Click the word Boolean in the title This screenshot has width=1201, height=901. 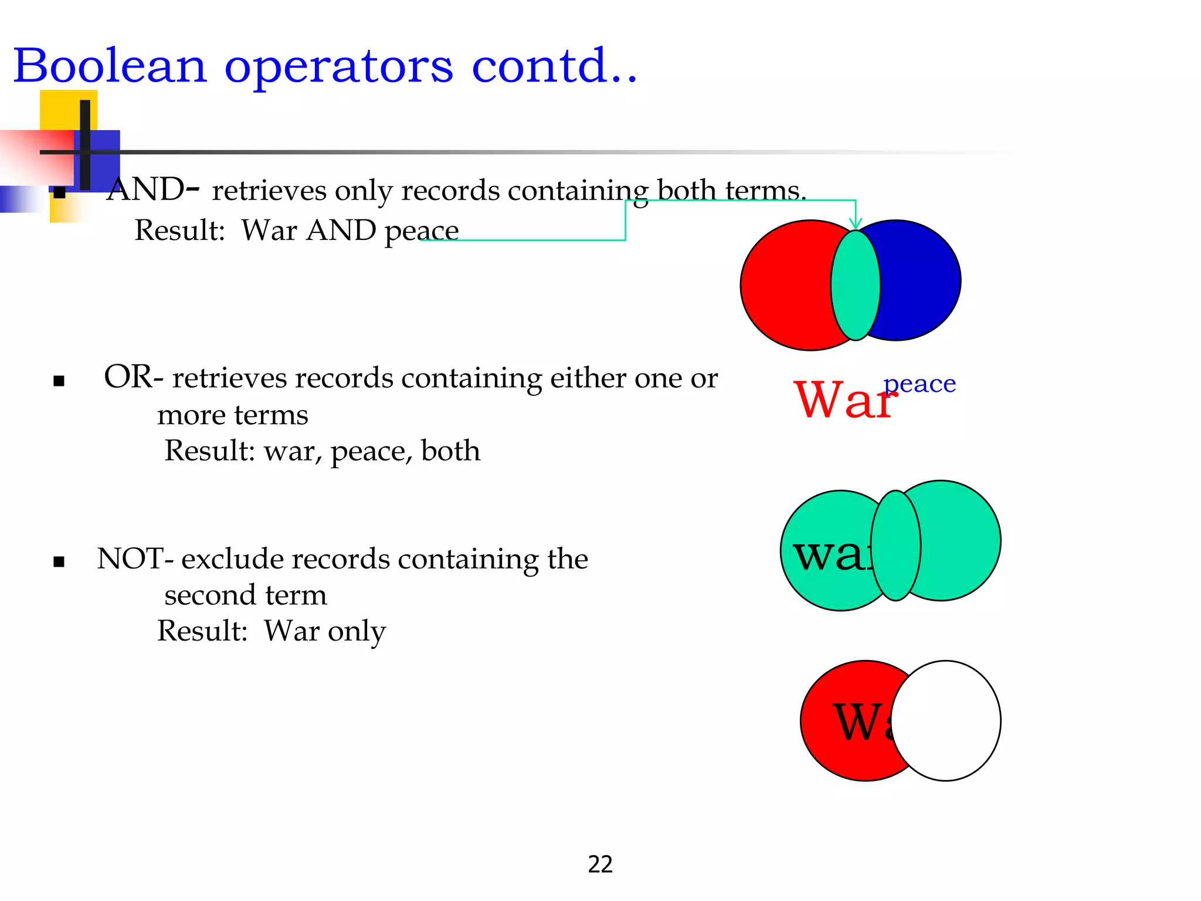110,66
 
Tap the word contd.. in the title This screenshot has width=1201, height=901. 554,66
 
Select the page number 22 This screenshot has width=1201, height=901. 600,864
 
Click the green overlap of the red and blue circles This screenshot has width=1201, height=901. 855,285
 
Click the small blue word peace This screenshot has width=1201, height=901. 920,384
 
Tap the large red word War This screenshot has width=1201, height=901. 844,400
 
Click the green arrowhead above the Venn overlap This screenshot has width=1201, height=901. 856,222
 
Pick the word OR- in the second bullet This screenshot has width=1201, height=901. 133,377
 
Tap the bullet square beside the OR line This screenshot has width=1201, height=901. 59,381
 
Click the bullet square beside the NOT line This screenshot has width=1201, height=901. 59,562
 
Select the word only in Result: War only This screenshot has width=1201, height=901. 357,631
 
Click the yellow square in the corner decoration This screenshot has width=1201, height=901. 59,109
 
